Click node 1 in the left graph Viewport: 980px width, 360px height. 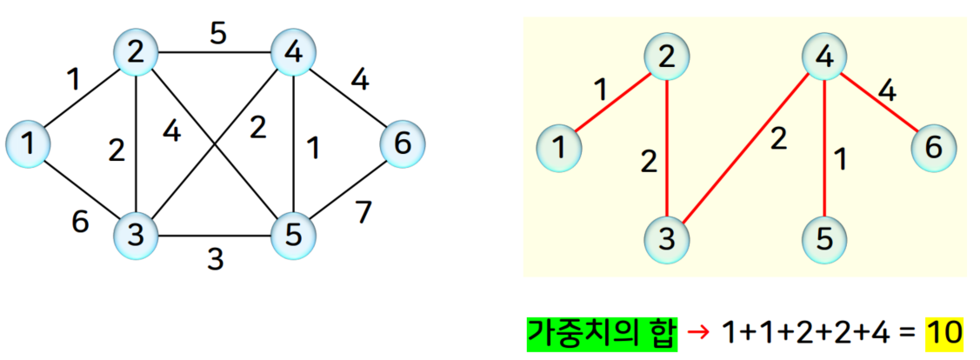(30, 143)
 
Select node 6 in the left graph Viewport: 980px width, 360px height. (402, 143)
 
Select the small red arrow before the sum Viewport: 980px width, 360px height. (697, 332)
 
